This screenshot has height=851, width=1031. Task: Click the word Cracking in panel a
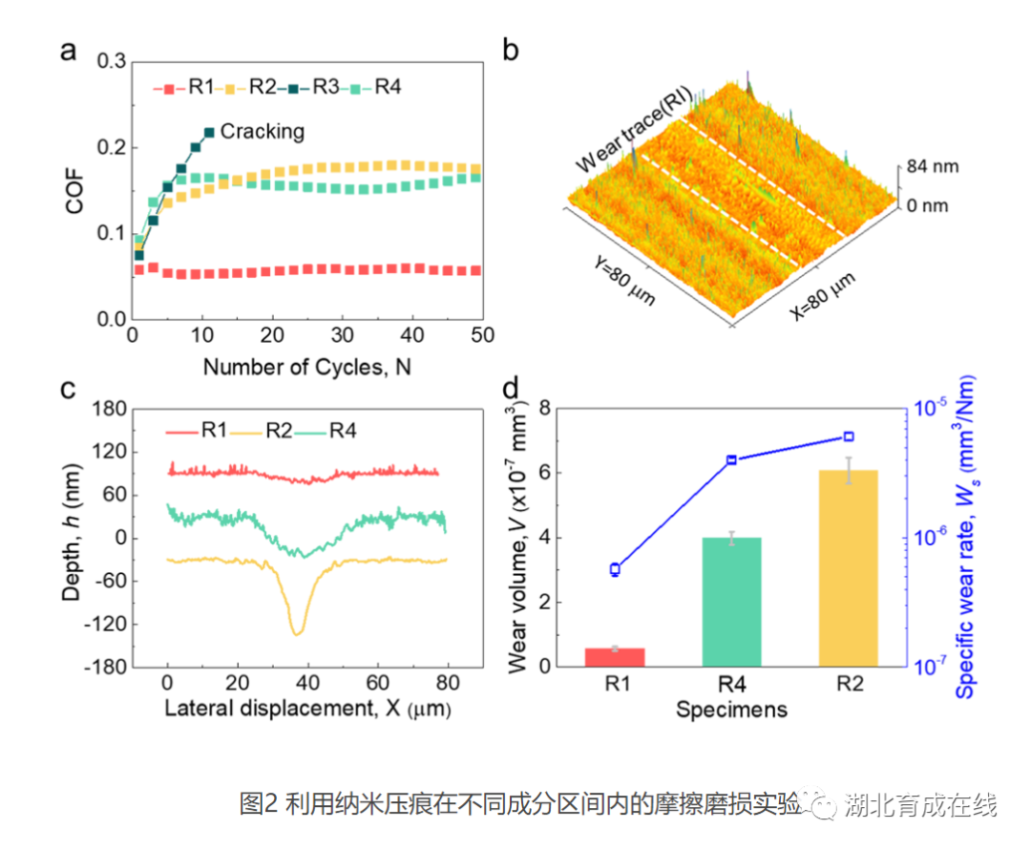point(263,132)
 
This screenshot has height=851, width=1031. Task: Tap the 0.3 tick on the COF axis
point(113,62)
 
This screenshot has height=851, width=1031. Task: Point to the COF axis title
point(74,191)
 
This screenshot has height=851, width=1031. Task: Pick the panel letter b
point(511,51)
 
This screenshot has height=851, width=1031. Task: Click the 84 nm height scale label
point(933,167)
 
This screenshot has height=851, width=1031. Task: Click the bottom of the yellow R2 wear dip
point(297,631)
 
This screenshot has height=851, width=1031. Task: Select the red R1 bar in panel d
point(615,657)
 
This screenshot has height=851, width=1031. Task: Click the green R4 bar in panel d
point(731,602)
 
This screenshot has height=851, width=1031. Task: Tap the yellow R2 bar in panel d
point(848,568)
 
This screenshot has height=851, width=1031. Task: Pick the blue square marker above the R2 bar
point(848,436)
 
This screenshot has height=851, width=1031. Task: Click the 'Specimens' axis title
point(731,710)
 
